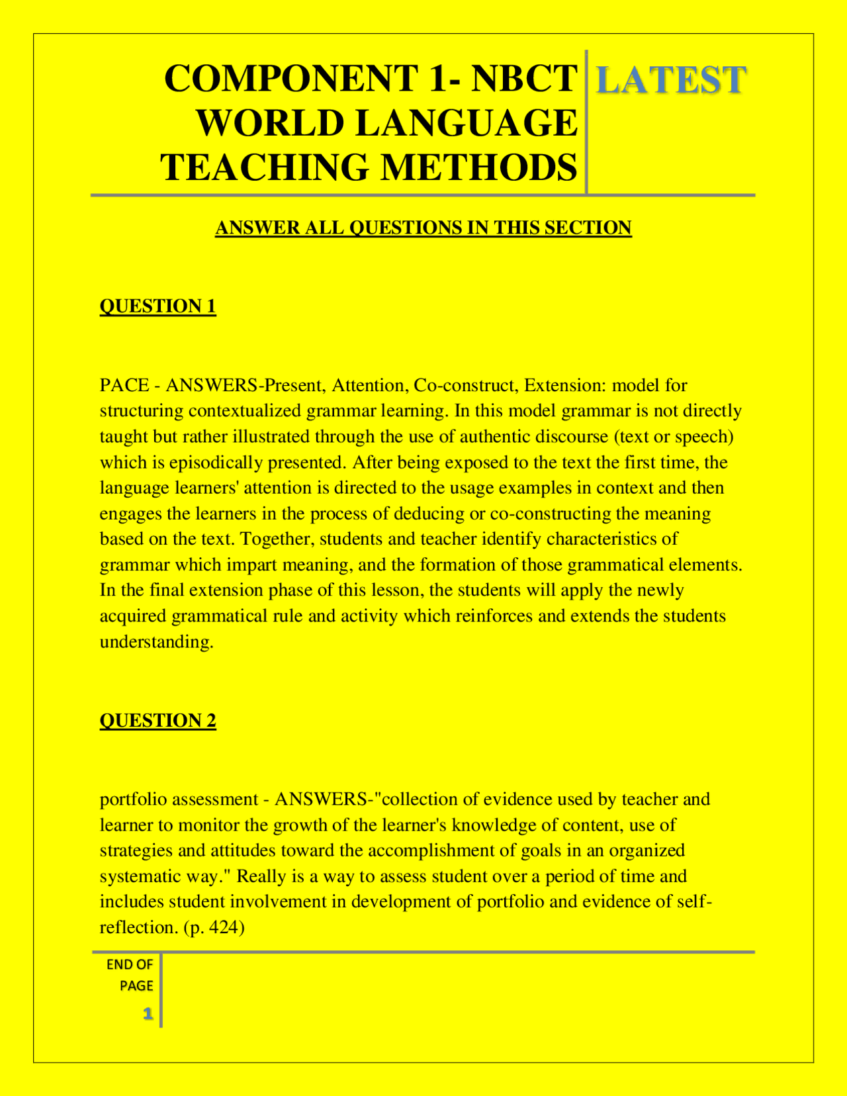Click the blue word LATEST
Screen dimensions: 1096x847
point(671,80)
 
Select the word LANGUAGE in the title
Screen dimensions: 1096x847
point(467,123)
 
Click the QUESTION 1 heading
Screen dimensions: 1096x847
point(157,306)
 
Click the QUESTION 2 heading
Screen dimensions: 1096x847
point(157,720)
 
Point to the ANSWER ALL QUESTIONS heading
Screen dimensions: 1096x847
point(423,228)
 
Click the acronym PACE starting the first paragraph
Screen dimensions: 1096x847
point(124,385)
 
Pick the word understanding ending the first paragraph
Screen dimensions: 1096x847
point(156,642)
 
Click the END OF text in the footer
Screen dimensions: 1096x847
point(130,965)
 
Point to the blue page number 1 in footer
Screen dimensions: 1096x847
point(148,1013)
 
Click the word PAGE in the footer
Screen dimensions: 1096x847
point(136,986)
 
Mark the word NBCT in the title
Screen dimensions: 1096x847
point(524,78)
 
